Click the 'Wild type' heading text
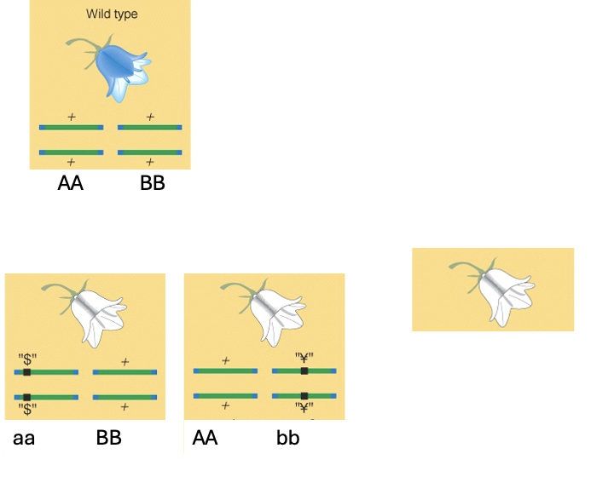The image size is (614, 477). [112, 14]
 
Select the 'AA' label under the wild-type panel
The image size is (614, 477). [71, 183]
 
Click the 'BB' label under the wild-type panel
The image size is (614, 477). [152, 183]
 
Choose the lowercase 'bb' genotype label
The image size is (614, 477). [288, 439]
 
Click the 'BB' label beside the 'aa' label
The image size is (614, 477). [108, 439]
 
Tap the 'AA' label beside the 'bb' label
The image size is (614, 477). [206, 439]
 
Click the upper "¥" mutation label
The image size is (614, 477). [304, 358]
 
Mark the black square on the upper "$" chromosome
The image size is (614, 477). [27, 372]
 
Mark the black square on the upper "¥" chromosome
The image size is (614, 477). [304, 371]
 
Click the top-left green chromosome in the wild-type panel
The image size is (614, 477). [71, 128]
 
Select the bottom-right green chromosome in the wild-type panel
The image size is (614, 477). [149, 152]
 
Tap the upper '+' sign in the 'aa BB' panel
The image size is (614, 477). [125, 361]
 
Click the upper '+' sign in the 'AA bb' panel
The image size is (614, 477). [225, 360]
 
